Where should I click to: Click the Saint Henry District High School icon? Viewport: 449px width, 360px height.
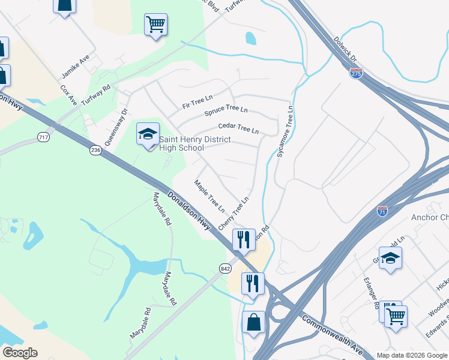pyautogui.click(x=148, y=134)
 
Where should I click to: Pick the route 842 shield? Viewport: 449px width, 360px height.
pyautogui.click(x=225, y=268)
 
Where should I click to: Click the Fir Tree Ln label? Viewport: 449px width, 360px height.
pyautogui.click(x=197, y=101)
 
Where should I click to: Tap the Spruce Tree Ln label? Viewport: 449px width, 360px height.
pyautogui.click(x=226, y=111)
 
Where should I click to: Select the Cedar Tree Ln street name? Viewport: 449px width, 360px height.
pyautogui.click(x=238, y=128)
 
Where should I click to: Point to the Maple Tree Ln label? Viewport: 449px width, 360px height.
pyautogui.click(x=209, y=196)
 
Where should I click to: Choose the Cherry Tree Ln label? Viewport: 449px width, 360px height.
pyautogui.click(x=234, y=213)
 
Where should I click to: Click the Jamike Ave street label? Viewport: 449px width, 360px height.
pyautogui.click(x=75, y=67)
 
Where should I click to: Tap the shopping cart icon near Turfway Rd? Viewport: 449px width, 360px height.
pyautogui.click(x=155, y=25)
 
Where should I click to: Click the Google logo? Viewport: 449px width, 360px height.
pyautogui.click(x=20, y=353)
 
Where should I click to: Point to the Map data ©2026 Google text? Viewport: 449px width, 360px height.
pyautogui.click(x=412, y=355)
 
